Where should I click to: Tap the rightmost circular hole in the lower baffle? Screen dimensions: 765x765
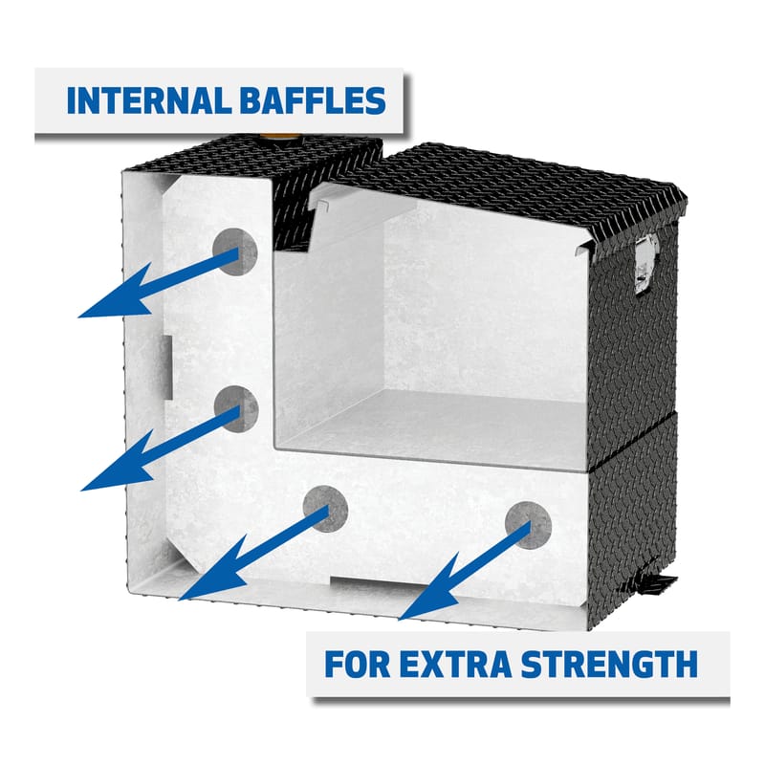click(529, 523)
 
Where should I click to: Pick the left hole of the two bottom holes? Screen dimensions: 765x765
click(325, 508)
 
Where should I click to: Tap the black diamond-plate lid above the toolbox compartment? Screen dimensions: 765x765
click(516, 186)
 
